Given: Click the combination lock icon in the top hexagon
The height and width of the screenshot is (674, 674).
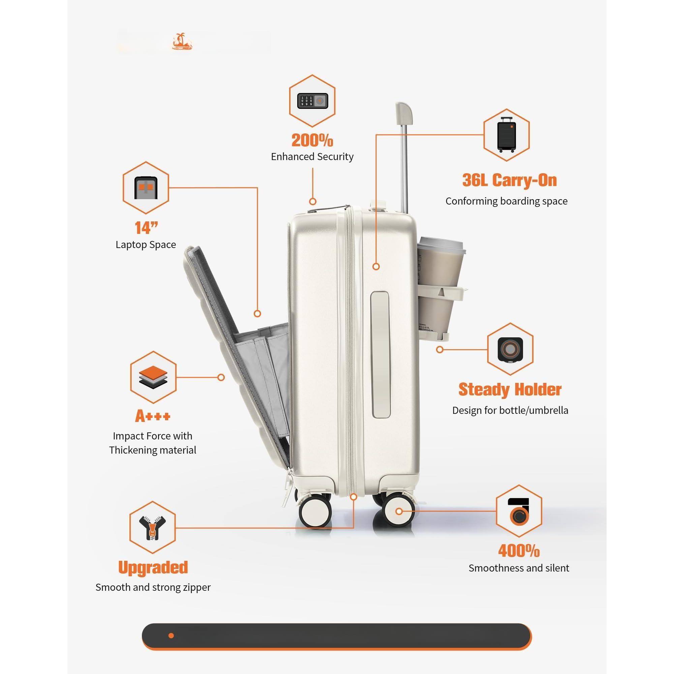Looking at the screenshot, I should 312,101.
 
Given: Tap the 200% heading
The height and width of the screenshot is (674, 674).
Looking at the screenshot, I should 312,140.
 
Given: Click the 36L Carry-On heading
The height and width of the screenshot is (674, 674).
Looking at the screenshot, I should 509,180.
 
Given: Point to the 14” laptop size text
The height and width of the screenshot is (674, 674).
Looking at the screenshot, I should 146,228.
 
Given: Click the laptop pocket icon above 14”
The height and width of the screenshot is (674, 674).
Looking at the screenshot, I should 146,188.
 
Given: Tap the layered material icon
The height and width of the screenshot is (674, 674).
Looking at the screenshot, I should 153,377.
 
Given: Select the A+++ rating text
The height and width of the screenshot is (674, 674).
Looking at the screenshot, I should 153,416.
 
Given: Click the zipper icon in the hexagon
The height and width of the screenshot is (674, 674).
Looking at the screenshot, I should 152,528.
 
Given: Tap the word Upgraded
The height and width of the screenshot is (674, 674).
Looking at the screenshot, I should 153,568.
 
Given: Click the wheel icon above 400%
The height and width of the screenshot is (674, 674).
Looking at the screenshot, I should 519,511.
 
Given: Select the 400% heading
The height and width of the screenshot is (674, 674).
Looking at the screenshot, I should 519,551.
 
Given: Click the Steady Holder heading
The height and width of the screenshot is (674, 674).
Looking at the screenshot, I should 510,389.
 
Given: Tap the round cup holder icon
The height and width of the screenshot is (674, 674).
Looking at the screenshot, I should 510,349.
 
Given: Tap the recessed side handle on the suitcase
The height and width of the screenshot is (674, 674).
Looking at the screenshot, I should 380,354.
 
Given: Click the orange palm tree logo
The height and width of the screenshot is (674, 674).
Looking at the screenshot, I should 182,42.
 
